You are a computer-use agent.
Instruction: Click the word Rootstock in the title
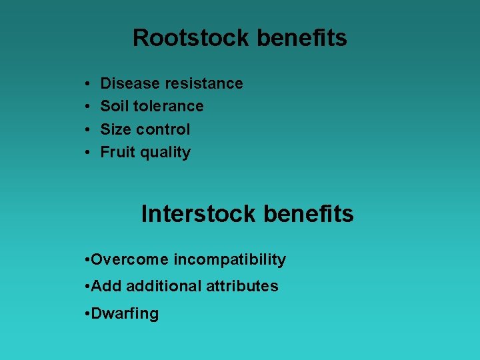192,38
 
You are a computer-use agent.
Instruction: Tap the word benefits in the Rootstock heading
302,38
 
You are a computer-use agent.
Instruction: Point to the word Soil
114,106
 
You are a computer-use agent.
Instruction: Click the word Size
115,129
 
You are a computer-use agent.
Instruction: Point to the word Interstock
199,214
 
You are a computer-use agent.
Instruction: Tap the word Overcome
130,259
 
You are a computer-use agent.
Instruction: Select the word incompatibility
230,260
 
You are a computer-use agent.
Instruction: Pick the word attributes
242,286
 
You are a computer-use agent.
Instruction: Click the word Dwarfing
125,314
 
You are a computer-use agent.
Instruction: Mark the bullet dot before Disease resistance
88,84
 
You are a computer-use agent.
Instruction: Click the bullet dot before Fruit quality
88,153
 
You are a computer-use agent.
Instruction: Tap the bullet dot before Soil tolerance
88,107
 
